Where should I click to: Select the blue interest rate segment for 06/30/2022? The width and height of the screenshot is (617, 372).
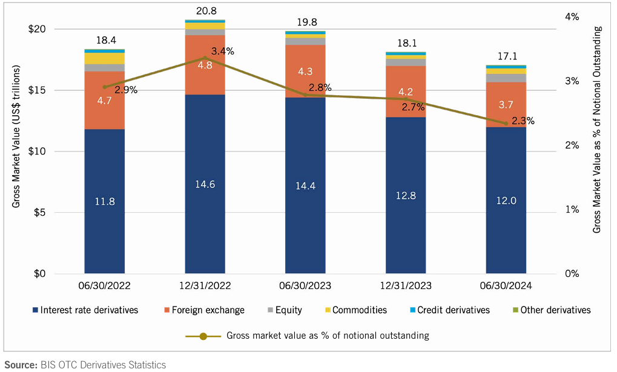coord(104,200)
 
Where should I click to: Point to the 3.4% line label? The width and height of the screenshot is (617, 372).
coord(223,51)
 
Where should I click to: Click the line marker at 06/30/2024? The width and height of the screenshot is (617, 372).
coord(506,123)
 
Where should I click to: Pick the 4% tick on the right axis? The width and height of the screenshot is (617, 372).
coord(572,16)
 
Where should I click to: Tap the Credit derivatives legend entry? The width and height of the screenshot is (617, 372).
coord(449,310)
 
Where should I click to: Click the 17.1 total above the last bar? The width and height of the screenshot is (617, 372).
coord(506,56)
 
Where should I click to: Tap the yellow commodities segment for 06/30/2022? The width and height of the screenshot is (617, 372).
coord(104,58)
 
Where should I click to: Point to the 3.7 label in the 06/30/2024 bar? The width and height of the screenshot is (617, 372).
coord(506,104)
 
